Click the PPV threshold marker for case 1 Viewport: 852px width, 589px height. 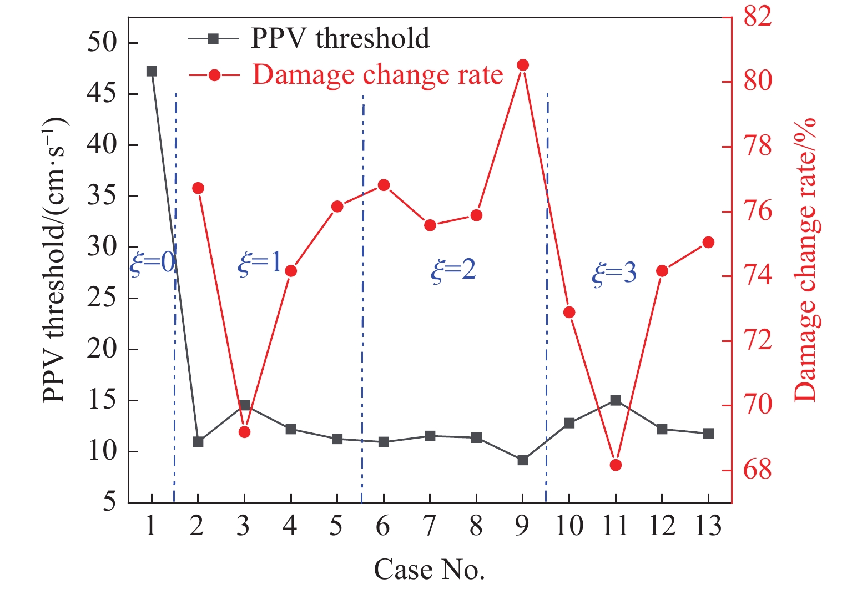point(152,71)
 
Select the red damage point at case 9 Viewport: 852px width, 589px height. point(522,66)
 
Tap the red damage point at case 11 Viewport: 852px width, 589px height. point(615,465)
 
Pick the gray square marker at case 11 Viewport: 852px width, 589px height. point(615,400)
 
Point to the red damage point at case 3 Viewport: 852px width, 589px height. point(245,432)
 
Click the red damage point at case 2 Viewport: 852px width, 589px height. point(198,188)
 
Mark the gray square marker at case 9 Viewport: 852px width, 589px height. point(522,460)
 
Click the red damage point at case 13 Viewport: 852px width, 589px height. point(708,242)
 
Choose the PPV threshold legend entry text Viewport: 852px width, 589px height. point(340,38)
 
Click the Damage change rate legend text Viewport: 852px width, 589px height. point(377,74)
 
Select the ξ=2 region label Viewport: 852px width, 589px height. point(453,270)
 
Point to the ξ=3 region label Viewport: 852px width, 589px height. point(614,273)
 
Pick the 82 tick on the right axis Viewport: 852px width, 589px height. point(757,17)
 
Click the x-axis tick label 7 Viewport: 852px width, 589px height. point(429,526)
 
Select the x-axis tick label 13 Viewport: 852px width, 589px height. point(708,526)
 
